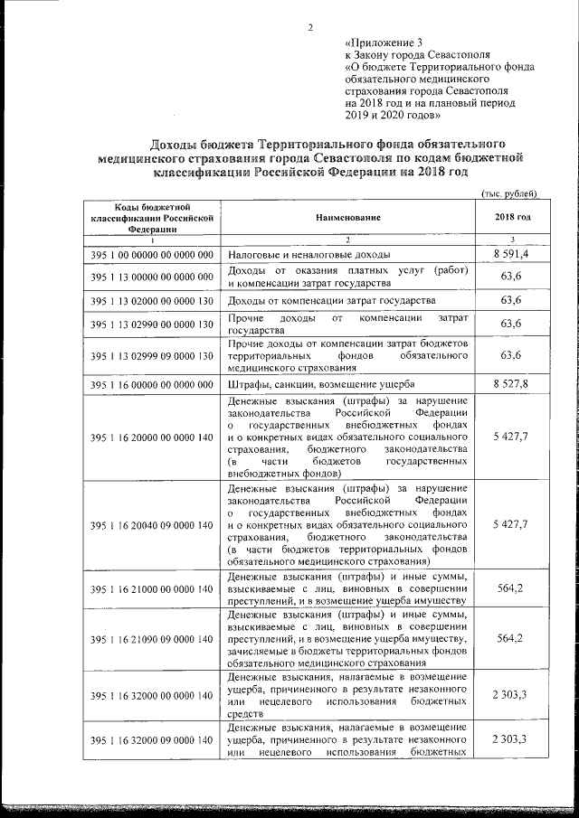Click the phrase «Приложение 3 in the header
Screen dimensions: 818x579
[384, 42]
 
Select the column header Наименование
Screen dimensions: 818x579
[348, 218]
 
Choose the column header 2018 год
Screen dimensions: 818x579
[513, 218]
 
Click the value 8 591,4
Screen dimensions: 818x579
[513, 256]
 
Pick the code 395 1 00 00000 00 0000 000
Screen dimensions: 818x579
[152, 256]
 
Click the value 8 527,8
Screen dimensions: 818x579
[513, 385]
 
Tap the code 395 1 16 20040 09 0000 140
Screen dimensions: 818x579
[152, 524]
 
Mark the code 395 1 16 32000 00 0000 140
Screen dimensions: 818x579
[152, 696]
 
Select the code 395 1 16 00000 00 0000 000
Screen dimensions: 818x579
[152, 385]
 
